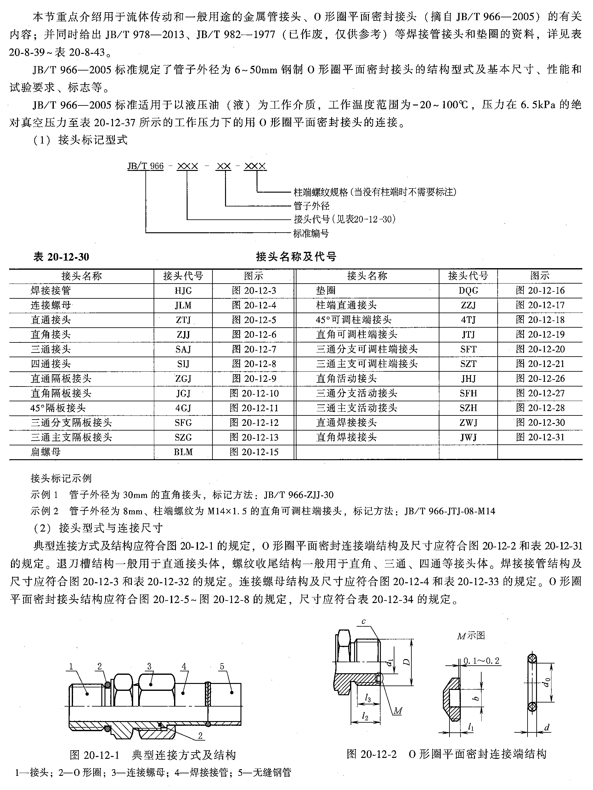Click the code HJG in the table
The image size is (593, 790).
tap(183, 291)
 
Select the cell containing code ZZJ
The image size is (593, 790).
tap(468, 305)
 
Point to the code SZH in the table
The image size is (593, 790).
tap(468, 408)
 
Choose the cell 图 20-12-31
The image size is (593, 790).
tap(540, 437)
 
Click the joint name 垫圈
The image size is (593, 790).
tap(326, 291)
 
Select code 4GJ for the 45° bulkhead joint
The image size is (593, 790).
tap(183, 408)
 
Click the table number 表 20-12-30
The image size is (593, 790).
tap(61, 257)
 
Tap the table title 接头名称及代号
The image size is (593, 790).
tap(296, 257)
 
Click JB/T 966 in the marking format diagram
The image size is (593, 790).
tap(145, 166)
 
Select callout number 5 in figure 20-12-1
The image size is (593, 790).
tap(222, 666)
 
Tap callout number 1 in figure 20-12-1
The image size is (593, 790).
tap(71, 666)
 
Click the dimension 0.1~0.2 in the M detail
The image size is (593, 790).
tap(481, 661)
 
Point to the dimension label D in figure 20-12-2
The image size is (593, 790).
tap(406, 662)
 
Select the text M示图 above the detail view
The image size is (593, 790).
tap(471, 636)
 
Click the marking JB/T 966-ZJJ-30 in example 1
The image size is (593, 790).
tap(299, 495)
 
